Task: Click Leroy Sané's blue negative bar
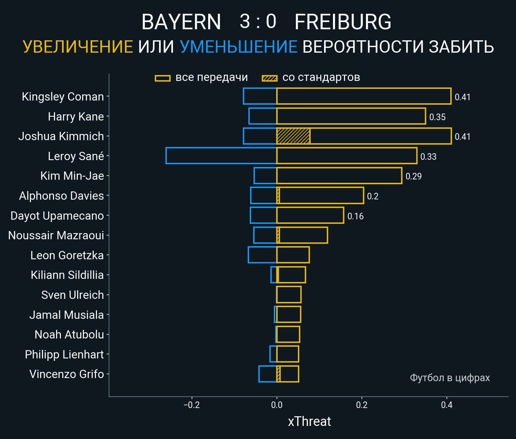click(x=221, y=156)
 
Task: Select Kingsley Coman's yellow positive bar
click(x=364, y=96)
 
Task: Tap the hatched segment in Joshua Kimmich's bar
click(x=293, y=136)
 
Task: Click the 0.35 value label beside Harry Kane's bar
click(x=437, y=117)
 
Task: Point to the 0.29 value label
click(x=413, y=176)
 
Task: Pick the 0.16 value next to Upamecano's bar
click(x=355, y=216)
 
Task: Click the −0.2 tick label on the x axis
click(x=192, y=405)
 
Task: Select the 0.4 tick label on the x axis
click(x=447, y=405)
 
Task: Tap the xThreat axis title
click(x=309, y=421)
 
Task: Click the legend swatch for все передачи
click(x=163, y=78)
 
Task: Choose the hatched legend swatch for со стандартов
click(x=269, y=78)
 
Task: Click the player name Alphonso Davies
click(x=62, y=196)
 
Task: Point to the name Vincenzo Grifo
click(x=66, y=374)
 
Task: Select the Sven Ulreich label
click(x=72, y=295)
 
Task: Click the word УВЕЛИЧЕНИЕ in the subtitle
click(x=78, y=47)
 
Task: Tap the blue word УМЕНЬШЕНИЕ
click(x=238, y=47)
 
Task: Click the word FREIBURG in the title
click(x=343, y=22)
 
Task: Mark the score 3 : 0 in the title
click(x=258, y=21)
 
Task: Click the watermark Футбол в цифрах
click(x=450, y=378)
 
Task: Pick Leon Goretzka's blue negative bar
click(x=262, y=255)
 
